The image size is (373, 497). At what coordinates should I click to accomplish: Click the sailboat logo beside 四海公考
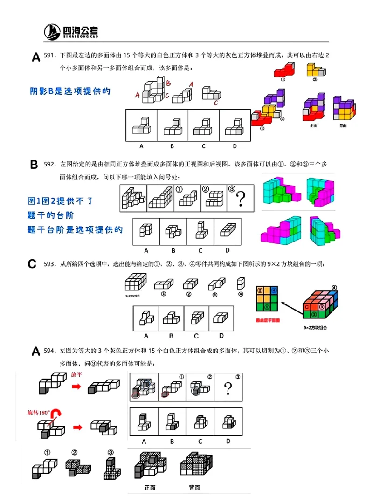tap(53, 32)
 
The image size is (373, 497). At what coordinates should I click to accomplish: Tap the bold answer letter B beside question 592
tap(34, 165)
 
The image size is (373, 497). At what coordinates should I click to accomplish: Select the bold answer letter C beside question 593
tap(32, 264)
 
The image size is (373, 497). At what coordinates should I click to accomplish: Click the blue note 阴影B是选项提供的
tap(70, 91)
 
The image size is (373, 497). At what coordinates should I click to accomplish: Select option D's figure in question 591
tap(235, 125)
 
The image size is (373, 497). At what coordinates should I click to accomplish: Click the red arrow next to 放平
tap(76, 386)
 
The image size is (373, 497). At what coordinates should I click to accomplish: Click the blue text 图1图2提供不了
tap(61, 201)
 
